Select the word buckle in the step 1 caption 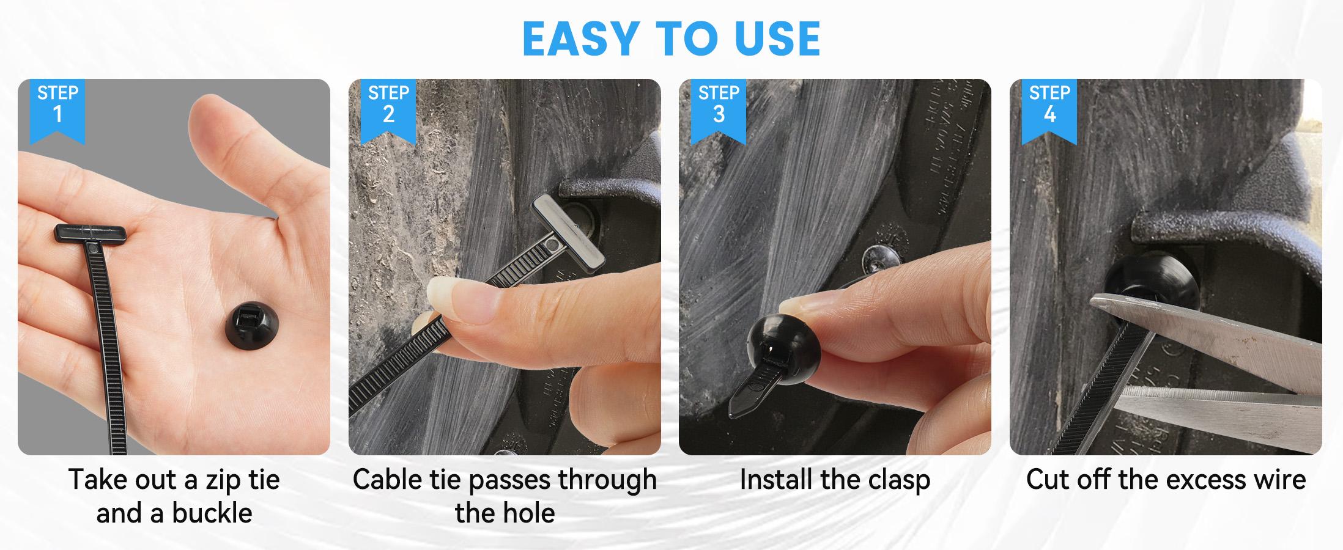pyautogui.click(x=212, y=513)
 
